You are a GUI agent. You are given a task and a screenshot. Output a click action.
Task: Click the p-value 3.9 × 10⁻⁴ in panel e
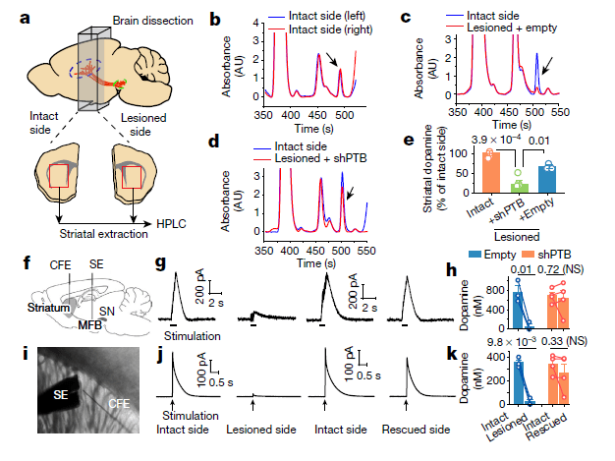498,143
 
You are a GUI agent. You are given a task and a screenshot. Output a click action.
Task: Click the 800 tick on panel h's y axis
486,288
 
